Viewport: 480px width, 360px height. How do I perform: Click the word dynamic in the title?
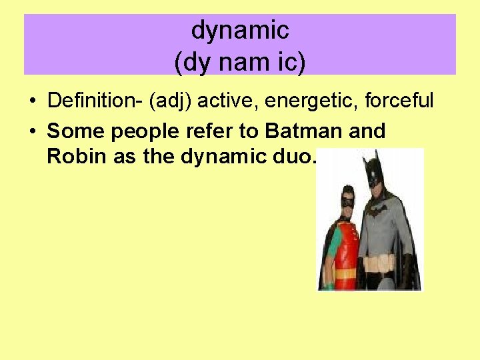point(240,30)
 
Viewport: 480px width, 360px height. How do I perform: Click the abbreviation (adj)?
point(171,101)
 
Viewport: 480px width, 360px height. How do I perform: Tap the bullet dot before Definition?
point(33,102)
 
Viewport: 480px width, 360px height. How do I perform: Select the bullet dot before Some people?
point(33,132)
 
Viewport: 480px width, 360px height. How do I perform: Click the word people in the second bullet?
point(143,132)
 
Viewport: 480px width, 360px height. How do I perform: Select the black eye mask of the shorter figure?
point(347,201)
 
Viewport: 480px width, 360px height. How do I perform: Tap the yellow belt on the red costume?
point(345,273)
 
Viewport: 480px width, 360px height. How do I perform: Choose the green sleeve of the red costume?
point(333,241)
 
